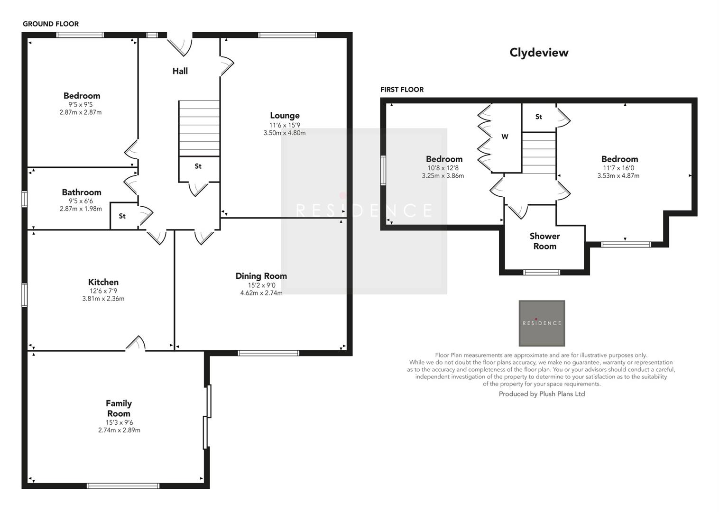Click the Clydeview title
(x=539, y=53)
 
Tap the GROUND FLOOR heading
(x=51, y=24)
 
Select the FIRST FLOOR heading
(x=402, y=90)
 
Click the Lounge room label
(x=285, y=115)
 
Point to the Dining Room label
(x=261, y=276)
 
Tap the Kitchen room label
(x=103, y=282)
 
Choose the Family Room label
(x=119, y=408)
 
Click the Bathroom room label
(x=82, y=192)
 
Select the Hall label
(x=180, y=71)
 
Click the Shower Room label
(x=544, y=241)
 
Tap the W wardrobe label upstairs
(x=505, y=137)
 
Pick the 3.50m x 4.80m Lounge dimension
(x=285, y=133)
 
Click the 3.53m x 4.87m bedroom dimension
(x=618, y=176)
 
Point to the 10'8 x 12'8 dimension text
(x=442, y=168)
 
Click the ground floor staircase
(x=199, y=128)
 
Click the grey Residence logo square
(x=542, y=323)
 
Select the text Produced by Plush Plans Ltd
(x=542, y=394)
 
